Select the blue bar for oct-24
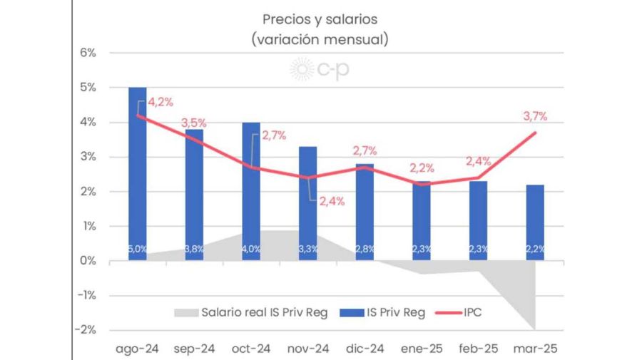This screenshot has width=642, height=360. [250, 192]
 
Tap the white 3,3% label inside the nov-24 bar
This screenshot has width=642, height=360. [307, 249]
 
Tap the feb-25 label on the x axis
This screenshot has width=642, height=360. [477, 349]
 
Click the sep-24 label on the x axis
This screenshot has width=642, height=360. [194, 349]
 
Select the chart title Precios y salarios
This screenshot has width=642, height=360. [320, 19]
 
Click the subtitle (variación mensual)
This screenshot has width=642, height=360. [320, 39]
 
